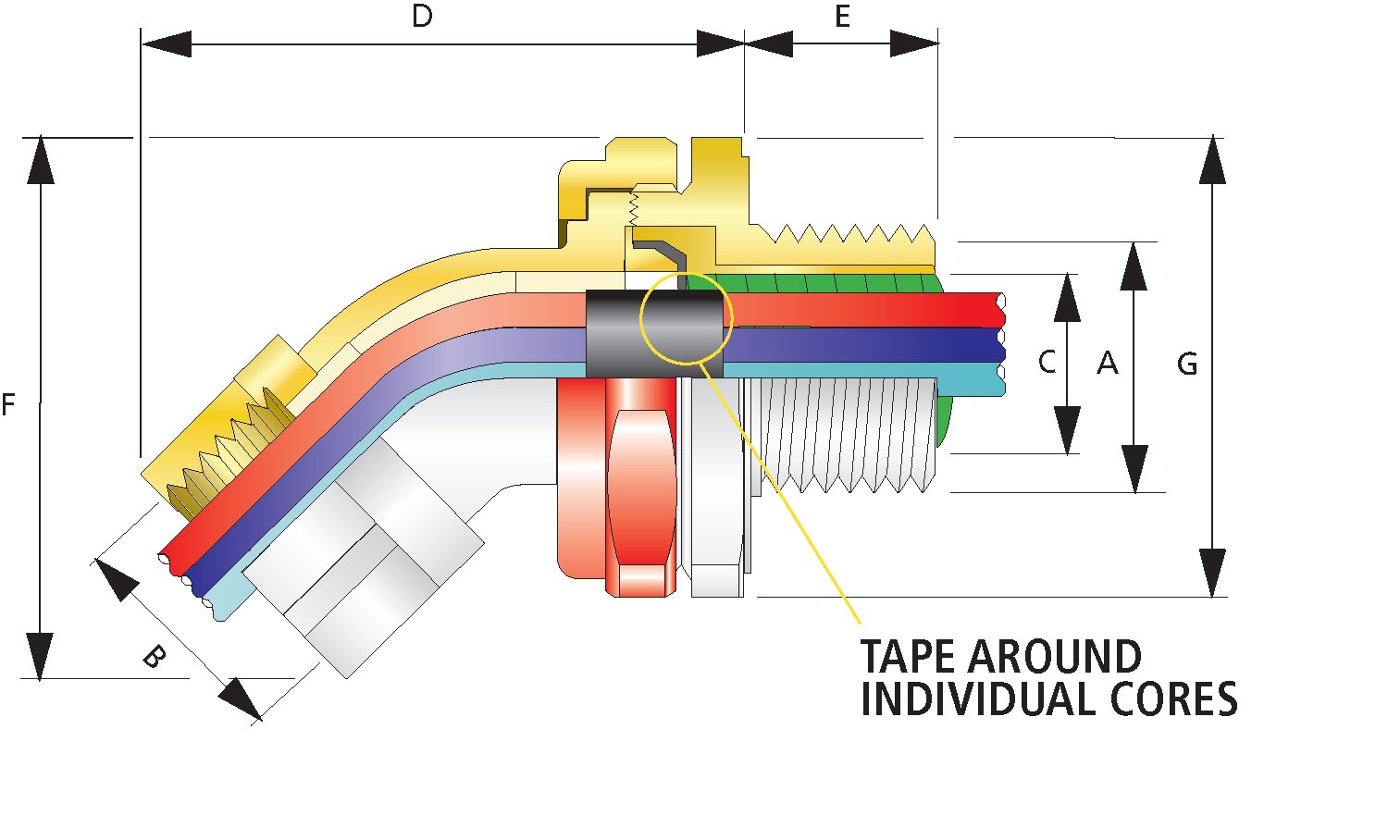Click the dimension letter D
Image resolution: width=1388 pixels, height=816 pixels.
422,17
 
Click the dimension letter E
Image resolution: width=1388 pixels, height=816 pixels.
842,17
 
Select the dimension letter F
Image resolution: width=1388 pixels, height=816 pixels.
8,404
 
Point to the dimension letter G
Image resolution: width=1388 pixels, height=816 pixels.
1187,364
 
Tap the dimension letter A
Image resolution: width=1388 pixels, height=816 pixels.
1108,364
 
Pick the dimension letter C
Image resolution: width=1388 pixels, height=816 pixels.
1047,362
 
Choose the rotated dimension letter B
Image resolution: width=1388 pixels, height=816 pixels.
154,657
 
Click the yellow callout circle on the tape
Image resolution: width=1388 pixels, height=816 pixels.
687,316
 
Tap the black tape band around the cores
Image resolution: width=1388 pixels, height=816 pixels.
615,333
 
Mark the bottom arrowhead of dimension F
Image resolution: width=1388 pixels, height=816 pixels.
40,657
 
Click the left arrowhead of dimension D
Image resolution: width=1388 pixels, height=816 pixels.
167,43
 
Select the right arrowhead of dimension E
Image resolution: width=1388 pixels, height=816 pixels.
916,43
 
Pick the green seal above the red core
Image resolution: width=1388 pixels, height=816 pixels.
814,281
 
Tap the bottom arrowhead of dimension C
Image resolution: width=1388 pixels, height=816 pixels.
1068,431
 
